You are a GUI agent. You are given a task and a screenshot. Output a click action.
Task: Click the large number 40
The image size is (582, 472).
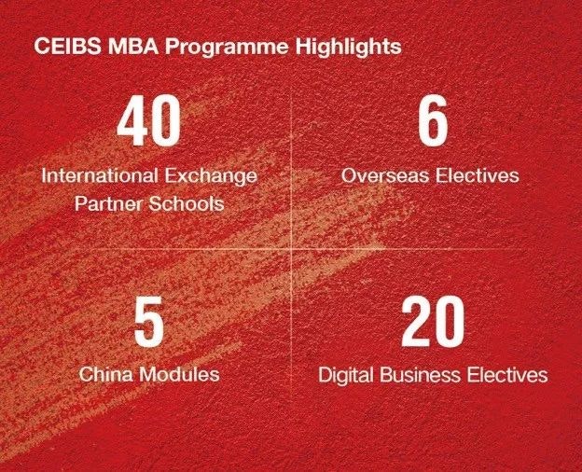click(x=149, y=123)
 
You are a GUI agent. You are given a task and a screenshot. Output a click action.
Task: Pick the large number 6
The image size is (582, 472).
click(x=432, y=123)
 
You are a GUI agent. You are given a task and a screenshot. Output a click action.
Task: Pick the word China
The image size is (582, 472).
click(x=104, y=375)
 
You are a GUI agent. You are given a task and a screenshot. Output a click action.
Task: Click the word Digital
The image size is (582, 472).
click(x=343, y=375)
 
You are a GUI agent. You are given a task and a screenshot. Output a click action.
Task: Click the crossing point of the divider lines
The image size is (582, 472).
click(x=292, y=250)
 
